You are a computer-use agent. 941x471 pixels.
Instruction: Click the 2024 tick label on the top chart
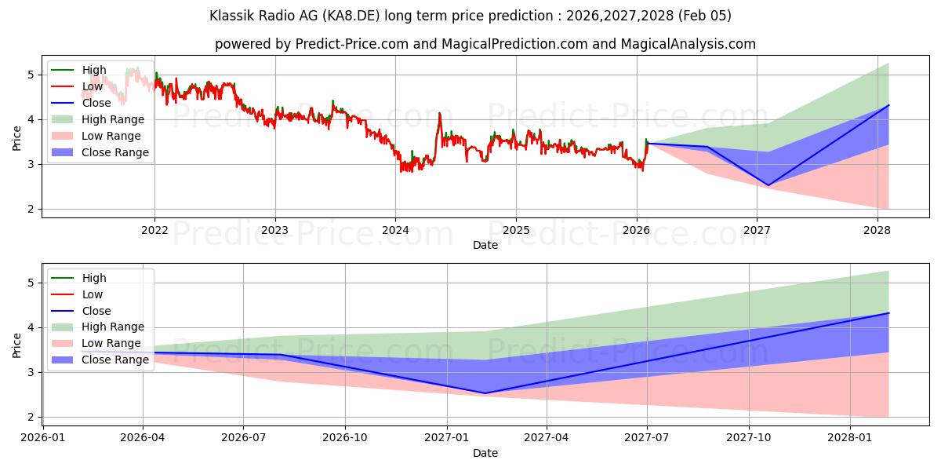(395, 230)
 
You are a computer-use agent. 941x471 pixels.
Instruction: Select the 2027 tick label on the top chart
(757, 230)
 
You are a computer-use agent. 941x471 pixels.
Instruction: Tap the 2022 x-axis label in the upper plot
(154, 230)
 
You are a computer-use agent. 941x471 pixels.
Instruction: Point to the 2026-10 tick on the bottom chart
(345, 437)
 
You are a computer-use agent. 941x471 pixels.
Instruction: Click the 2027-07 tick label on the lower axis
(647, 437)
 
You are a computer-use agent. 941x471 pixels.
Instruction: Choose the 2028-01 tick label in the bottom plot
(851, 437)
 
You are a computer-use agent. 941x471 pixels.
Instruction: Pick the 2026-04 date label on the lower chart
(143, 437)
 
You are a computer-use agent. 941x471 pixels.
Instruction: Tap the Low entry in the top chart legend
(93, 86)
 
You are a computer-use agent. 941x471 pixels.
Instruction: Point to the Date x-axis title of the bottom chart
(485, 453)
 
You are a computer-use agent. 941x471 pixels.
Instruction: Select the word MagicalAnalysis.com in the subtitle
(688, 44)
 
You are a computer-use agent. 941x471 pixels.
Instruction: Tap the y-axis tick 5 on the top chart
(31, 75)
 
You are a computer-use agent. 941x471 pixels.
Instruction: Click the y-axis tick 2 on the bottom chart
(31, 417)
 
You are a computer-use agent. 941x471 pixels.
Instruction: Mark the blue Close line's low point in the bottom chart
(485, 393)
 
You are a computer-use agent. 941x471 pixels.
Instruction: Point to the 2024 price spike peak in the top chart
(439, 113)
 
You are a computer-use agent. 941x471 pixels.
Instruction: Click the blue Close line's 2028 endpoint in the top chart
(888, 104)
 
